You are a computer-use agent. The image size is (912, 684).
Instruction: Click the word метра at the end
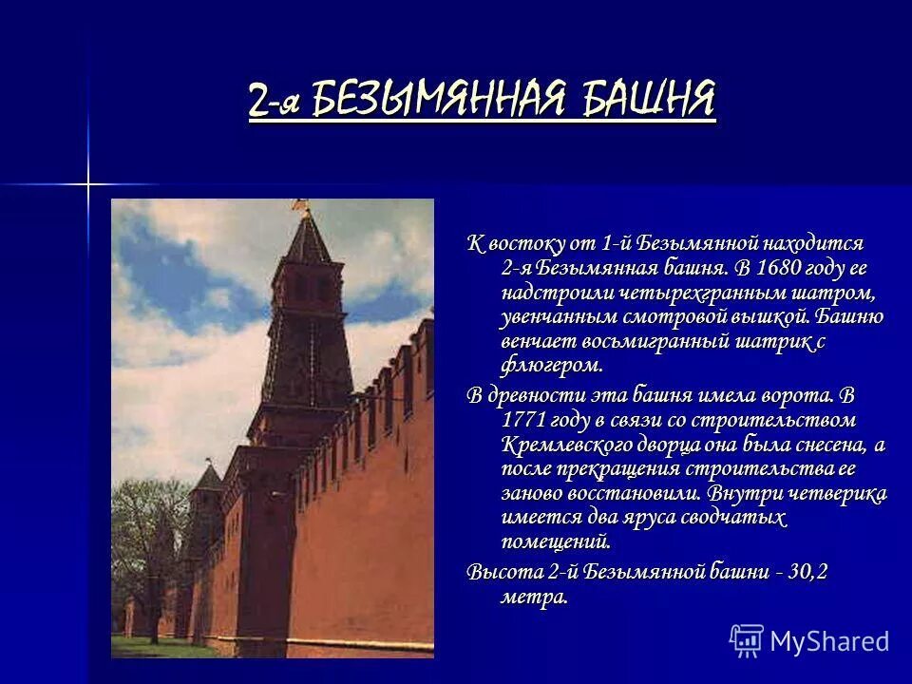click(535, 597)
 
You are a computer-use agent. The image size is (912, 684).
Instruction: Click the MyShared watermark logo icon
click(747, 640)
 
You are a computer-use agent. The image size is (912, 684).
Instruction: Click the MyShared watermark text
click(829, 641)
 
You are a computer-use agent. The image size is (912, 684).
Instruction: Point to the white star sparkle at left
click(88, 183)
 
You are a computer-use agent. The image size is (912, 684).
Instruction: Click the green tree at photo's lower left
click(142, 570)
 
